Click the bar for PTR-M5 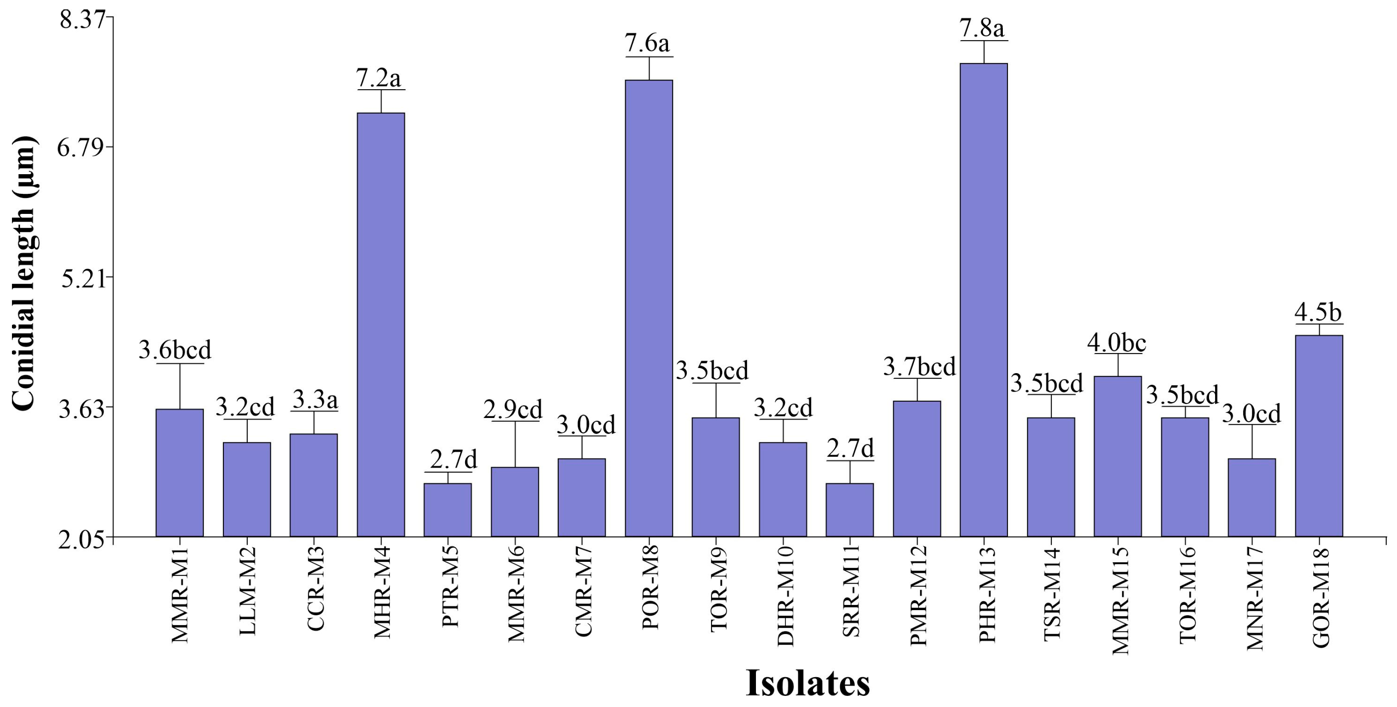(x=448, y=510)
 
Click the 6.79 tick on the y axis (x=85, y=147)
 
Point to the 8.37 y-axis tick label (x=85, y=18)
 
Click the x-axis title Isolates (x=808, y=683)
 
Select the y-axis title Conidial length (x=24, y=274)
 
